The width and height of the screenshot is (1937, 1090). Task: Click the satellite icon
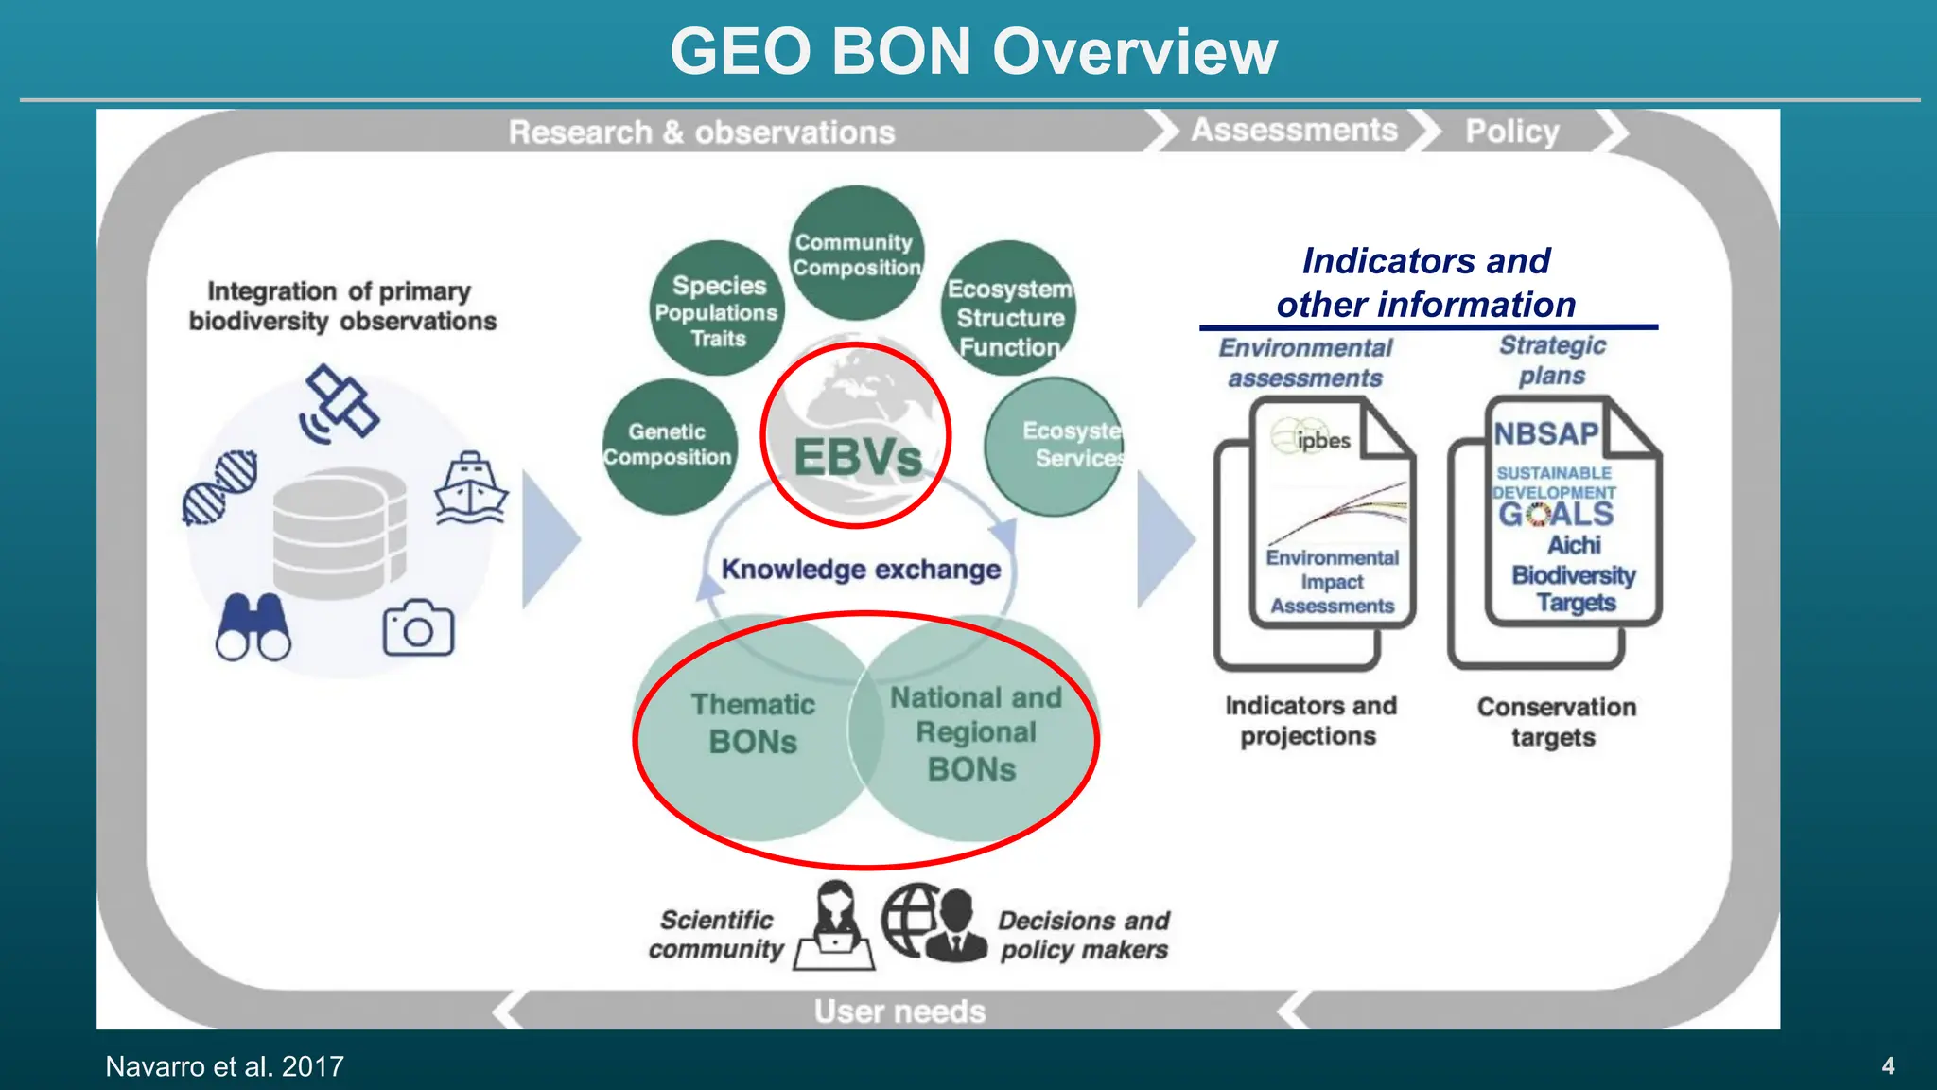pos(340,404)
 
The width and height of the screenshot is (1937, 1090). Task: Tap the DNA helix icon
pos(220,488)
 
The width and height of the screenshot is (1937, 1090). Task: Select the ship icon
pos(471,488)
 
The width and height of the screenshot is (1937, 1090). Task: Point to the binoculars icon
pos(253,626)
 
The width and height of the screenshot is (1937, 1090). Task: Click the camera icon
pos(418,627)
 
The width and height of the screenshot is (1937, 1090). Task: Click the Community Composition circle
pos(857,254)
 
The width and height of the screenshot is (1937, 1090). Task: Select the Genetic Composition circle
pos(669,445)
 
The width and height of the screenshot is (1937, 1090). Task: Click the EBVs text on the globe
pos(857,457)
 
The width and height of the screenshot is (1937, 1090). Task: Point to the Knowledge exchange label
pos(861,570)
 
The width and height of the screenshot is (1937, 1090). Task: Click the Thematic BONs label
pos(752,724)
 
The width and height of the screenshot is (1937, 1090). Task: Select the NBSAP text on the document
pos(1546,433)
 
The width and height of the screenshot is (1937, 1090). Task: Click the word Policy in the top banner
pos(1511,132)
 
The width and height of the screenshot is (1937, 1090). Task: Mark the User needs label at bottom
pos(899,1011)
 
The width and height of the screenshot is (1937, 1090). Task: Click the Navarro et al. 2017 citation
pos(224,1066)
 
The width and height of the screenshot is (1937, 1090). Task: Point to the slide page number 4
pos(1888,1066)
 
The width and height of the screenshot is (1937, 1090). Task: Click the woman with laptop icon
pos(834,926)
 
